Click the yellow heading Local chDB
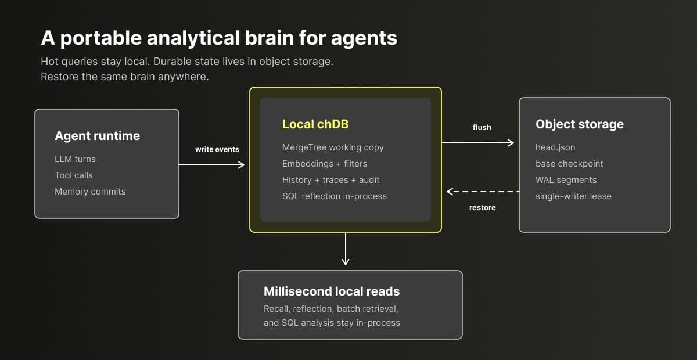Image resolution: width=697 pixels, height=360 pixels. pyautogui.click(x=315, y=124)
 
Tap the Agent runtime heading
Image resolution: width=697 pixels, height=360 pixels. pyautogui.click(x=98, y=136)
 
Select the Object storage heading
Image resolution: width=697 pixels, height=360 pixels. pyautogui.click(x=580, y=124)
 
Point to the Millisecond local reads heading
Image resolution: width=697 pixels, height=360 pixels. pyautogui.click(x=332, y=291)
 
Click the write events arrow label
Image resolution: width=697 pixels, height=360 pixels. pyautogui.click(x=217, y=149)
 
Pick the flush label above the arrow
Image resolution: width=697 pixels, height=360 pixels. pyautogui.click(x=482, y=127)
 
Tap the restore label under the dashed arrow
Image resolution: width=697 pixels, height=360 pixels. pyautogui.click(x=482, y=207)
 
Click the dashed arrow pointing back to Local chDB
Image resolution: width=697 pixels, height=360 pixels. pyautogui.click(x=483, y=192)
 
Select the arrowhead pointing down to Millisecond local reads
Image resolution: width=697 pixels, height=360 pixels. pyautogui.click(x=346, y=261)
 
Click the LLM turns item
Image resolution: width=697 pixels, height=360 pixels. pyautogui.click(x=75, y=159)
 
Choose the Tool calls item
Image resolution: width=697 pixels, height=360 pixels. pyautogui.click(x=74, y=175)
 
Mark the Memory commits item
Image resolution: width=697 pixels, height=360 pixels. pyautogui.click(x=90, y=192)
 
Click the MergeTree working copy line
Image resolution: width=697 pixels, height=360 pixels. pyautogui.click(x=333, y=147)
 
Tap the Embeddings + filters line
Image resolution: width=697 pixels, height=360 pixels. pyautogui.click(x=325, y=164)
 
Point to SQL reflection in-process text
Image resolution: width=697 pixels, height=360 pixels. pyautogui.click(x=335, y=196)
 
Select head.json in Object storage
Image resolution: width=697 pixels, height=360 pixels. pyautogui.click(x=555, y=147)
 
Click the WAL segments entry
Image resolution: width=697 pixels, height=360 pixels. pyautogui.click(x=566, y=180)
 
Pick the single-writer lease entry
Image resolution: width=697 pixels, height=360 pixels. pyautogui.click(x=573, y=196)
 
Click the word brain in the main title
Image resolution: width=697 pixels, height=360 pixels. pyautogui.click(x=269, y=38)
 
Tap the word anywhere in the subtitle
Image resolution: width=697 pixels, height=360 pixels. pyautogui.click(x=184, y=77)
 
